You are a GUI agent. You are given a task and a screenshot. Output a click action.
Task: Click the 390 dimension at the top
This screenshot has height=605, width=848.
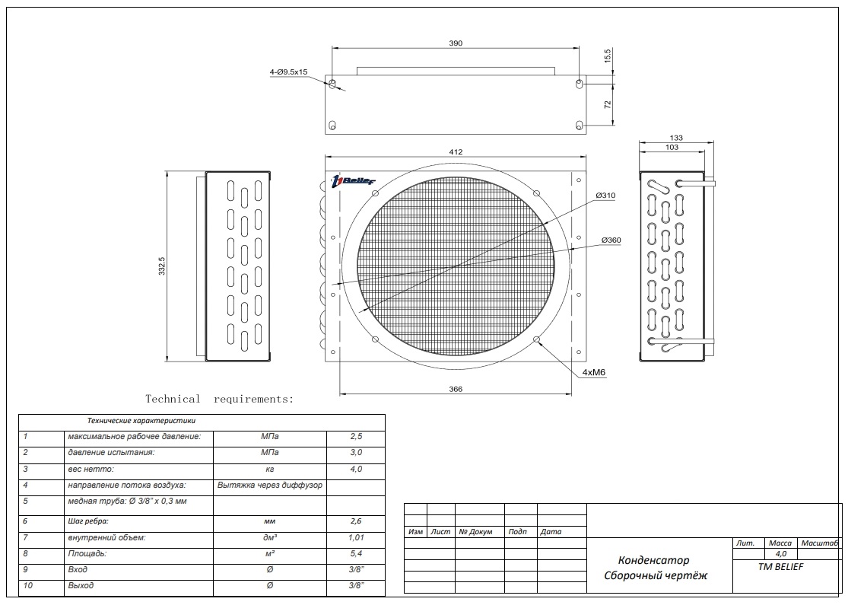455,43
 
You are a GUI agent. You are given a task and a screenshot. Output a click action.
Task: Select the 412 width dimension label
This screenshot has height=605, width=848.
455,152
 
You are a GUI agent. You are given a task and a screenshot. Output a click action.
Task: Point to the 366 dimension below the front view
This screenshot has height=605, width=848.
455,389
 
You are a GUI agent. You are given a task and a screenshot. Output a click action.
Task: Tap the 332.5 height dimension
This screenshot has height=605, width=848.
162,266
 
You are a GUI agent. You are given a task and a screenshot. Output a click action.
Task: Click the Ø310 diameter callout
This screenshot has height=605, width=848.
605,196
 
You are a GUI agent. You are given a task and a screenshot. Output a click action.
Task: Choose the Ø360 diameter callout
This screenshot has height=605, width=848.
611,240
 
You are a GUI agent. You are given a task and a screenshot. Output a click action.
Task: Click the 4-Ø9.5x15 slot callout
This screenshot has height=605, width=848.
288,72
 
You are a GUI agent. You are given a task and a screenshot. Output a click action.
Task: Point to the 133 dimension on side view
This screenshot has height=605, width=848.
676,138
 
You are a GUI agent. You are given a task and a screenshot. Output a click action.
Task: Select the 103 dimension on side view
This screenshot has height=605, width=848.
672,148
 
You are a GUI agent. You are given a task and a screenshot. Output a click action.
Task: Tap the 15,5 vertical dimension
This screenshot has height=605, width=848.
608,56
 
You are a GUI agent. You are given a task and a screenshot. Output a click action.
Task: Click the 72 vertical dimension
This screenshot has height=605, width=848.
608,104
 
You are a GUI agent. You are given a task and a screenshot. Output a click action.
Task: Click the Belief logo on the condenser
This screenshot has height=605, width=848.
354,180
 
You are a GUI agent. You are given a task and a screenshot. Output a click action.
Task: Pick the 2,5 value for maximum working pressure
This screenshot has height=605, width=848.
356,437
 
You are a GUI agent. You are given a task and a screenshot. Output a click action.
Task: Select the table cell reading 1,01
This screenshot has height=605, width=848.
356,537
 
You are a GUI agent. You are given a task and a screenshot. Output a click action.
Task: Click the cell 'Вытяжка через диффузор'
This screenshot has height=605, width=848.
270,485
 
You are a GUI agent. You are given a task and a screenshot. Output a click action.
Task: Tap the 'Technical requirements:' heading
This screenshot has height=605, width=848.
219,399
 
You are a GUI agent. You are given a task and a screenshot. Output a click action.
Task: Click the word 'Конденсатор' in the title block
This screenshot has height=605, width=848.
653,560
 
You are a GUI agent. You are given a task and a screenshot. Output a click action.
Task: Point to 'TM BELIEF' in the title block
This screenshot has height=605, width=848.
781,566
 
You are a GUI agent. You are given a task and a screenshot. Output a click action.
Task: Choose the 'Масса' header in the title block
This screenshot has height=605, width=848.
780,543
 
